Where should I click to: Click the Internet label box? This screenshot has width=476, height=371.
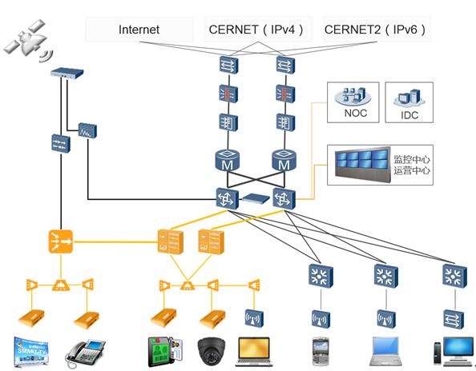coord(139,30)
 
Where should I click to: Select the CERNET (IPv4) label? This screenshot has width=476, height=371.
coord(256,30)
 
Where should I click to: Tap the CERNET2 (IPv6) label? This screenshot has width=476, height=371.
coord(375,30)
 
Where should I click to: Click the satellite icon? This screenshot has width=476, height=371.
coord(28,40)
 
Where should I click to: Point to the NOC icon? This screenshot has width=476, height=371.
coord(353,95)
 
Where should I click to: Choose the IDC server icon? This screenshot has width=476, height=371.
coord(409,98)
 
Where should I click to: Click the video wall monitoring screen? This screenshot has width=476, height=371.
coord(363,164)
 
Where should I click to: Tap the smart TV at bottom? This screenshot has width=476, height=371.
coord(31,352)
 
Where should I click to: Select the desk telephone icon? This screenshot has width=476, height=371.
coord(85,353)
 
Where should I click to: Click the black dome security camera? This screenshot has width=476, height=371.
coord(212,351)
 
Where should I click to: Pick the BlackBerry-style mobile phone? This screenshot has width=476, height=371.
coord(321,352)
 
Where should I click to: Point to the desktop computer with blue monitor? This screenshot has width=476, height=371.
coord(454,351)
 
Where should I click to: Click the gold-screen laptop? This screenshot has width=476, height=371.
coord(254,352)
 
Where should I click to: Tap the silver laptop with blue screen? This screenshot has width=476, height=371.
coord(385,351)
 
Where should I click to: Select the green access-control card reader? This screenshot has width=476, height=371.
coord(165,352)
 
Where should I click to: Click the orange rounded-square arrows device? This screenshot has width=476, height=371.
coord(61,241)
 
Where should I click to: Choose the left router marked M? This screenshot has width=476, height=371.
coord(227,160)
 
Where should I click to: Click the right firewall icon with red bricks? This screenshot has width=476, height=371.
coord(285,94)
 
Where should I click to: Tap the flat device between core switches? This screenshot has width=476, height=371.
coord(256,198)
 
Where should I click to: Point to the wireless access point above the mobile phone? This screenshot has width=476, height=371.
coord(321,319)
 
